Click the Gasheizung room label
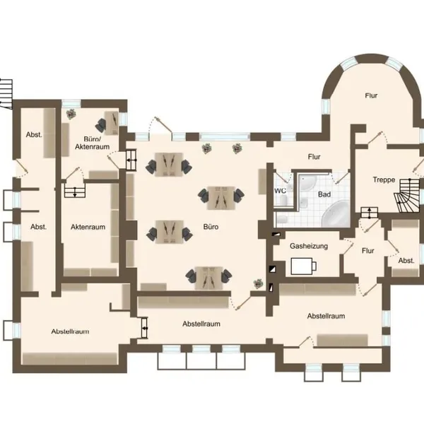click(x=309, y=246)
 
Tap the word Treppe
click(x=384, y=179)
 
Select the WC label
click(x=280, y=191)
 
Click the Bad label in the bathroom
click(x=324, y=194)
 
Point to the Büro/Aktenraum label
click(x=92, y=143)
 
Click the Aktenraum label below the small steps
click(x=88, y=227)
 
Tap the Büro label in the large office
click(x=211, y=227)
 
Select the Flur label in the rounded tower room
click(x=371, y=95)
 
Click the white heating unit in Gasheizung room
click(x=303, y=266)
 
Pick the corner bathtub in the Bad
click(x=335, y=214)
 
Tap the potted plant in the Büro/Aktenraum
click(x=71, y=114)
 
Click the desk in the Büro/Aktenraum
click(x=112, y=123)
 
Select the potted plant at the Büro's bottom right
click(x=258, y=283)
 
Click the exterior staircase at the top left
click(x=6, y=94)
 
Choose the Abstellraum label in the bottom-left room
click(x=70, y=331)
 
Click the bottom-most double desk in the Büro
click(x=208, y=278)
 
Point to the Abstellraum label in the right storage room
click(x=326, y=316)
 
